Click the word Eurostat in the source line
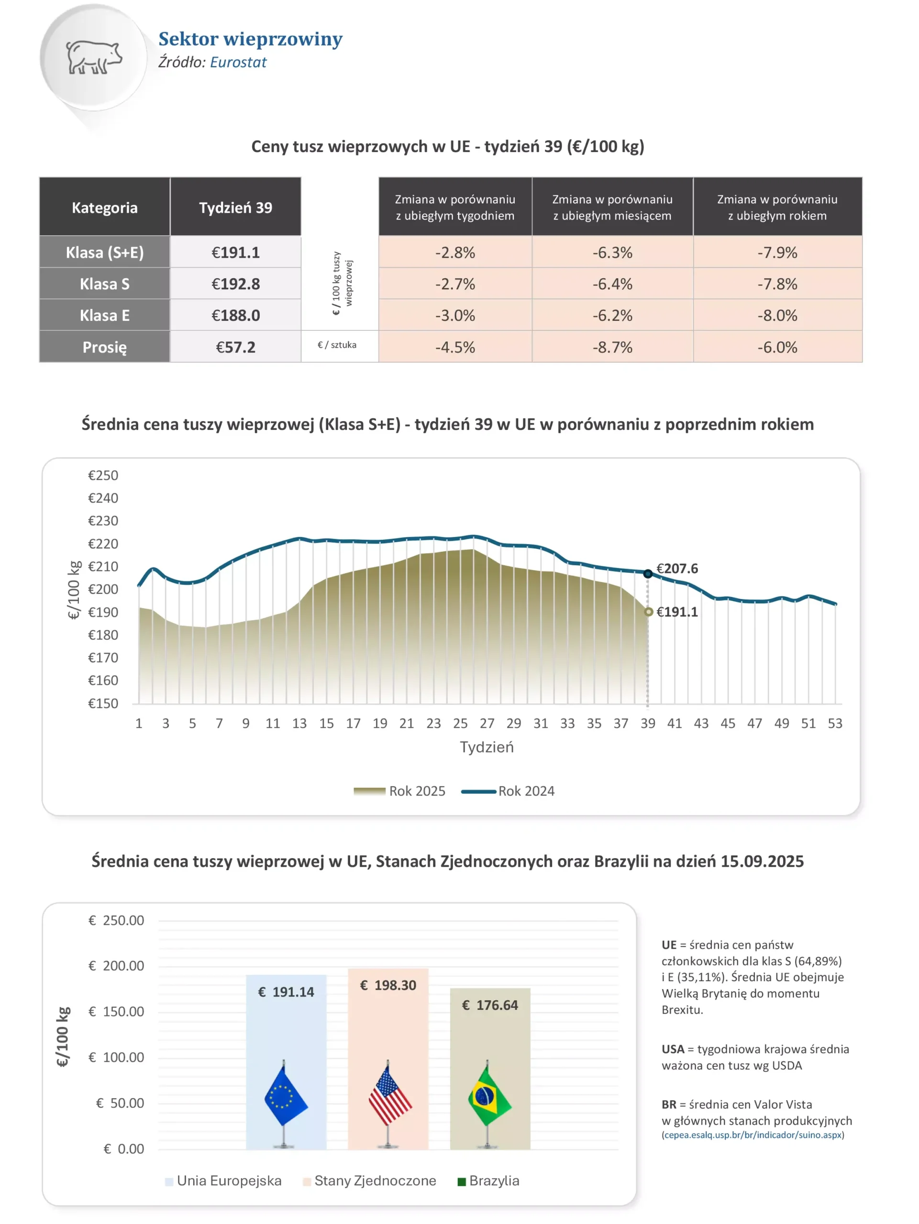pos(238,62)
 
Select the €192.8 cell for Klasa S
pos(235,284)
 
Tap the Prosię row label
pos(105,347)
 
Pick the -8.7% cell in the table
pos(612,347)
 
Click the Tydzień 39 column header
pos(235,208)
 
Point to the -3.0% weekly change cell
pos(454,316)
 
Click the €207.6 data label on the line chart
pos(676,568)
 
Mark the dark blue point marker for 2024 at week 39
pos(647,574)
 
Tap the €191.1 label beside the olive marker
pos(676,612)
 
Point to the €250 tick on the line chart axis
pos(103,475)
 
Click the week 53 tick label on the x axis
pos(834,723)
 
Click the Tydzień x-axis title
pos(487,747)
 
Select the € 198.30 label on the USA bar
pos(388,985)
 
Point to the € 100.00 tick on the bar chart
pos(116,1057)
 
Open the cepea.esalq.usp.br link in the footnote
pos(753,1135)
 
